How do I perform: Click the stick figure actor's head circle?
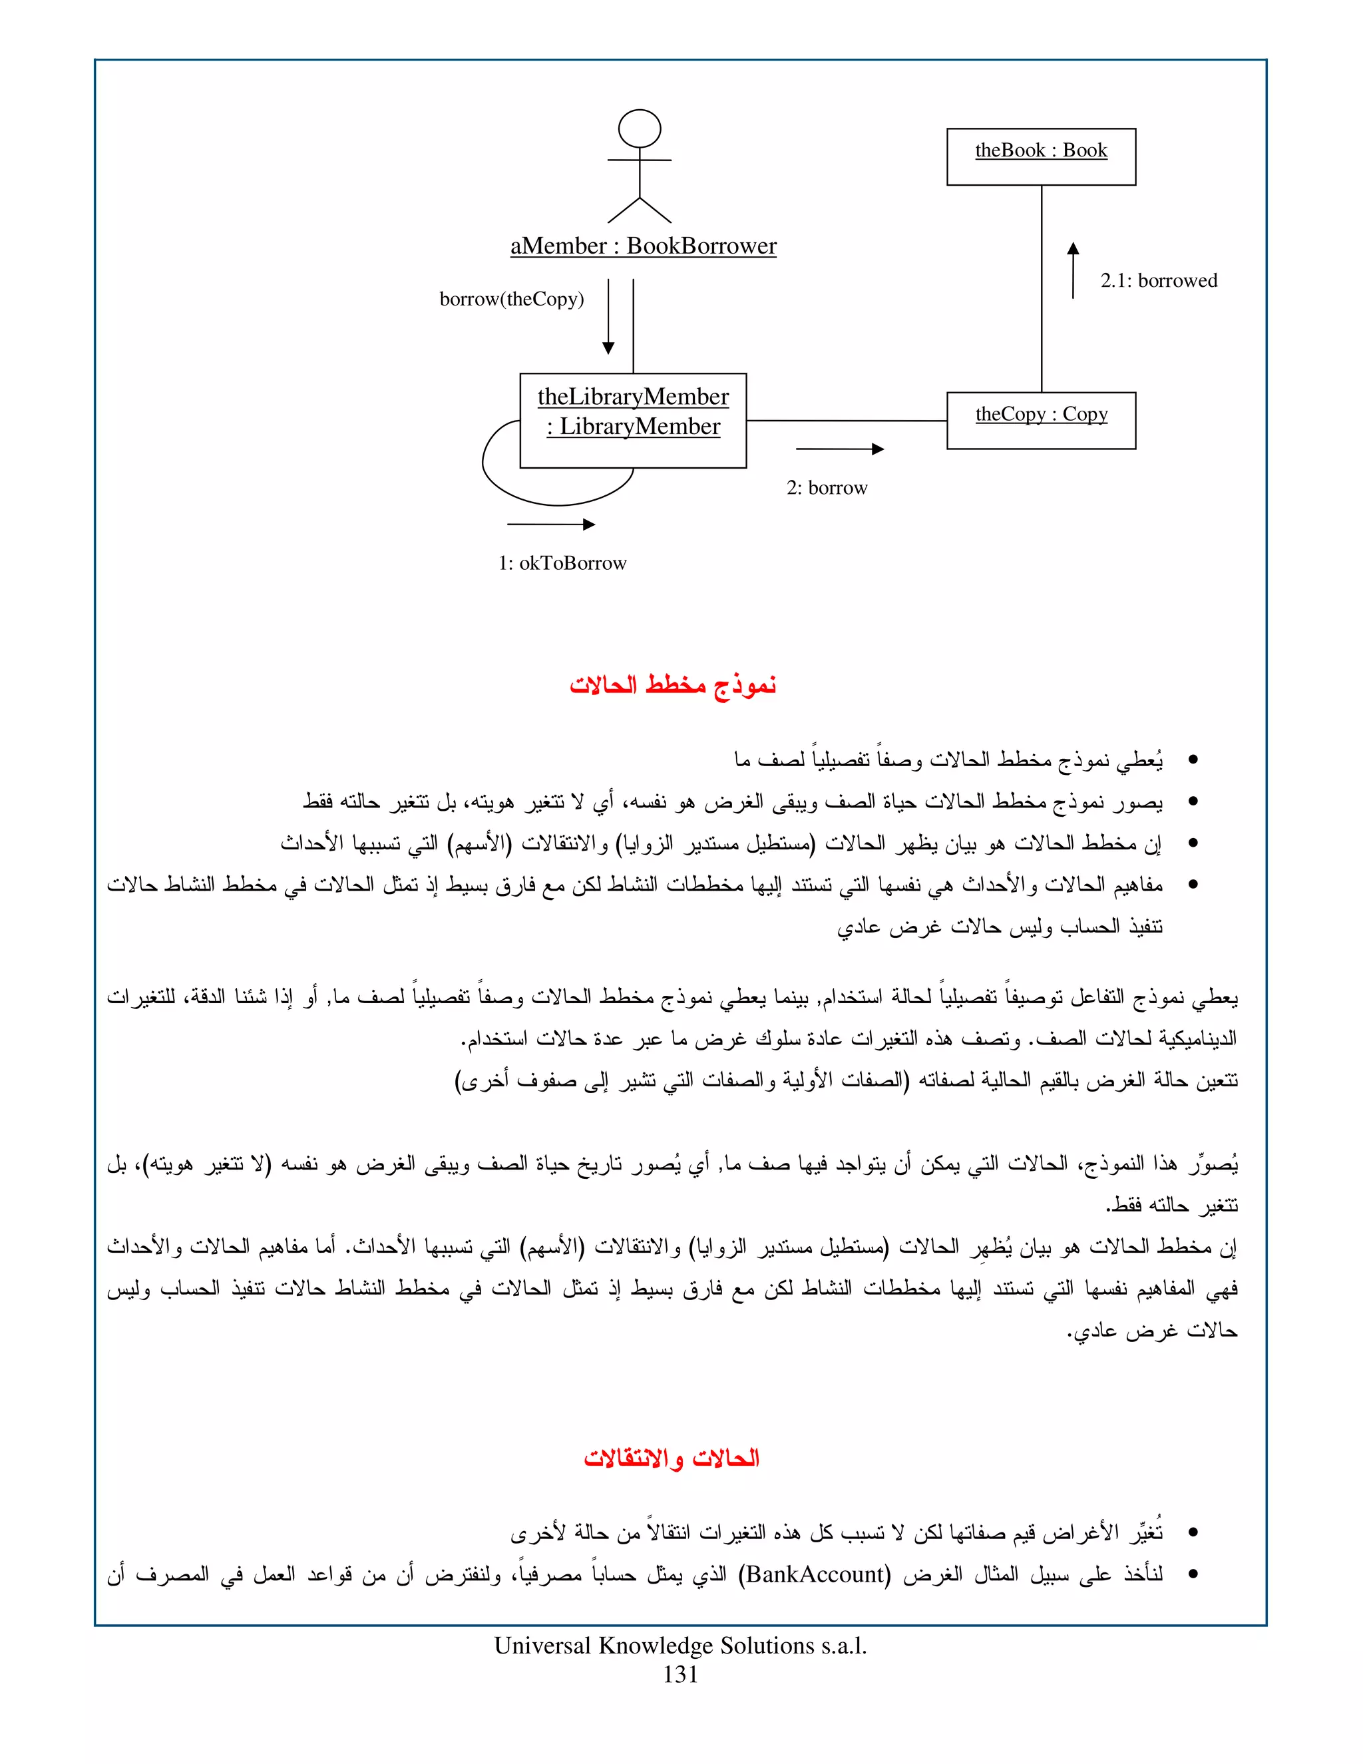pos(639,129)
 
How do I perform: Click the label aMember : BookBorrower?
pos(643,246)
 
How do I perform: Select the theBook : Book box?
pos(1041,156)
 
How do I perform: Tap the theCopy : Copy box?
pos(1041,420)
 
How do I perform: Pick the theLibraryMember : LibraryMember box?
pos(633,420)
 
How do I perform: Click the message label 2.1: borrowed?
pos(1158,280)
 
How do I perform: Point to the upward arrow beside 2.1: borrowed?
pos(1072,270)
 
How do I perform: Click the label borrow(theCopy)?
pos(511,299)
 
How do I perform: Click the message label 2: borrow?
pos(827,488)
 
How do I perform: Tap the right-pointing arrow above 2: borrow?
pos(840,449)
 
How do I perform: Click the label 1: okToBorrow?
pos(562,563)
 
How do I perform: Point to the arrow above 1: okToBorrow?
pos(550,524)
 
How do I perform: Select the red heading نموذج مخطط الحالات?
pos(673,686)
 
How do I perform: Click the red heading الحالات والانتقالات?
pos(671,1458)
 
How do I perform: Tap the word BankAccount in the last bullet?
pos(815,1574)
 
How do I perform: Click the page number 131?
pos(680,1675)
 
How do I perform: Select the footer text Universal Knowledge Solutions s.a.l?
pos(680,1646)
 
